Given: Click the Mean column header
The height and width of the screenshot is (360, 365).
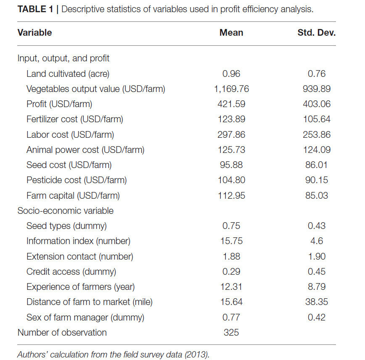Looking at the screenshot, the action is [231, 33].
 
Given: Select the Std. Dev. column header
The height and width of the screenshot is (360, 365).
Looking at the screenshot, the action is [316, 33].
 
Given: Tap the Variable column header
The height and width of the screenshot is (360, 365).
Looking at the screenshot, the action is [34, 33].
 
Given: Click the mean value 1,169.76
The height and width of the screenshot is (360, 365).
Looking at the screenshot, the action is [231, 89].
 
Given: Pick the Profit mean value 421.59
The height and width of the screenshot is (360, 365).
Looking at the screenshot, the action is [231, 104].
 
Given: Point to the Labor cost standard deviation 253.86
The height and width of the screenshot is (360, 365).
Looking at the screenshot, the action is [317, 135].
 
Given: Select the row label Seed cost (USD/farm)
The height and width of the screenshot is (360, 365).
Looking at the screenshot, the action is [69, 165].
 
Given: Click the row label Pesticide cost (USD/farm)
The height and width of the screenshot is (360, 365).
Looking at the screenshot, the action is [77, 180].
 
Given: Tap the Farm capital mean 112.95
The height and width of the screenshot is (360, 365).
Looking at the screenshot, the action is [231, 196].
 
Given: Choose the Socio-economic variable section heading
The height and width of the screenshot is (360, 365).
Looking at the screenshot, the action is [66, 211].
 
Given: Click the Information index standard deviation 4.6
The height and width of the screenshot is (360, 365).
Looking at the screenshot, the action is [317, 241].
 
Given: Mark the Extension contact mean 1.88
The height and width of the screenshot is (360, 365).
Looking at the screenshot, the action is [231, 257].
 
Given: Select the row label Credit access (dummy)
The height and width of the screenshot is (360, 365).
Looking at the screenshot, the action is [71, 272].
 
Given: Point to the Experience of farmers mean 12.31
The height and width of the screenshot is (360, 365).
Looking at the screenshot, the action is [231, 287].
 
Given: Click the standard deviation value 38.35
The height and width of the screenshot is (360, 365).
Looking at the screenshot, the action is [317, 302].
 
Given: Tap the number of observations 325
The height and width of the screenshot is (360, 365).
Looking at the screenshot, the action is [231, 333].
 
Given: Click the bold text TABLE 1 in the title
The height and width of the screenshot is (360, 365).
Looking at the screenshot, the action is [35, 9].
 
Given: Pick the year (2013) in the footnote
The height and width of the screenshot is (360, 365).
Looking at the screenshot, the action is [197, 355].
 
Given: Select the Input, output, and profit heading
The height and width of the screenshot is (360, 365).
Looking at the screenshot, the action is [63, 58].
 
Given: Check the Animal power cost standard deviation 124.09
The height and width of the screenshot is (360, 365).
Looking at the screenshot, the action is [317, 150].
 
